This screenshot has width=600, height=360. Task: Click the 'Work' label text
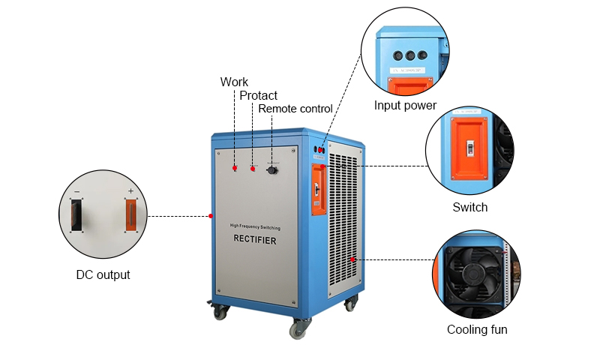point(234,82)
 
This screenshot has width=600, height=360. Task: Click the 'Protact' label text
point(258,95)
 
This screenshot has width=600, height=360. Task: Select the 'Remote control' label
point(295,109)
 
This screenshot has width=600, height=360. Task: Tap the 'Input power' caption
point(405,106)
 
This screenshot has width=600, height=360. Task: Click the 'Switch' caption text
point(469,207)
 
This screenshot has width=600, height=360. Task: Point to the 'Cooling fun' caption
point(477,329)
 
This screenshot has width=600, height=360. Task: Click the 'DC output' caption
point(103,274)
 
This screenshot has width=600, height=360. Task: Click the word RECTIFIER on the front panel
point(254,241)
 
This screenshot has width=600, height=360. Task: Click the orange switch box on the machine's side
point(318,191)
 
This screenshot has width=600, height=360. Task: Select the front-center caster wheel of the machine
point(300,327)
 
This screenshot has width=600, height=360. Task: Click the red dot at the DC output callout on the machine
point(211,216)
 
